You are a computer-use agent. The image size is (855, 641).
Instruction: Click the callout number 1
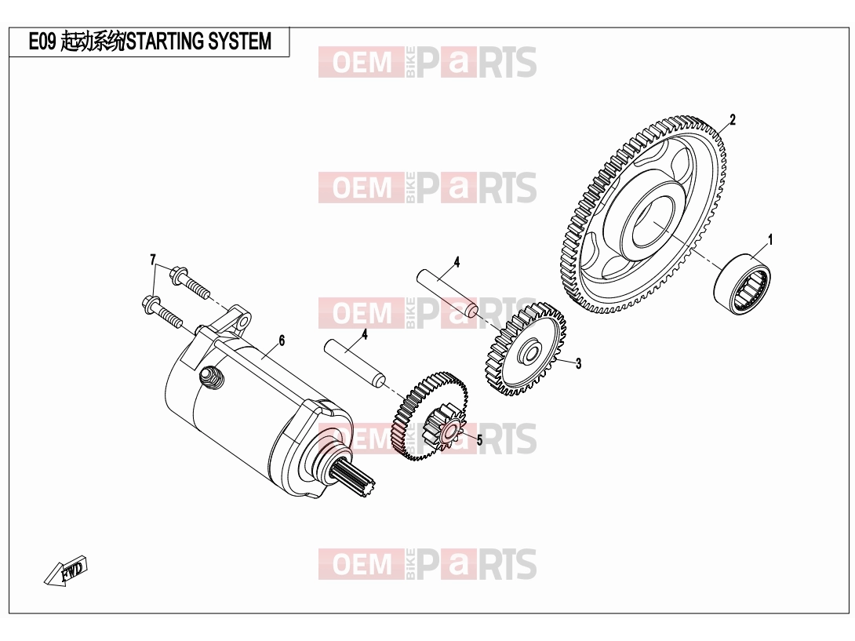tap(770, 239)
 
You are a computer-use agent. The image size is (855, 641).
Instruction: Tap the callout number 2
tap(733, 119)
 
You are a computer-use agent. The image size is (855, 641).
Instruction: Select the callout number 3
tap(579, 363)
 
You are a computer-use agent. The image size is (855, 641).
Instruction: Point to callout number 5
tap(479, 439)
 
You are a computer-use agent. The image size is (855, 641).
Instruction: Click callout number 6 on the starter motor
tap(282, 341)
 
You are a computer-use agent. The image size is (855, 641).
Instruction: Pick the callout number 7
tap(153, 260)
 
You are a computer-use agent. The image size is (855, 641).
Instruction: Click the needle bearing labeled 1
tap(742, 284)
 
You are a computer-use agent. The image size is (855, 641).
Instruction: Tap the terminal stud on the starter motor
tap(212, 377)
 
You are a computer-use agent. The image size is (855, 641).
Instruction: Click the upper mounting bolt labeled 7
tap(190, 282)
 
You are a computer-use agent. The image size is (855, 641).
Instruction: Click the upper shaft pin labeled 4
tap(448, 292)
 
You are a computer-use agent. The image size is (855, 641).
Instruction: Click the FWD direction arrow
tap(66, 570)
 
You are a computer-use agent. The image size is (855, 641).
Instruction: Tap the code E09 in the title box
tap(42, 42)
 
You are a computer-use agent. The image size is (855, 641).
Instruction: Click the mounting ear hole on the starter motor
tap(243, 319)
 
